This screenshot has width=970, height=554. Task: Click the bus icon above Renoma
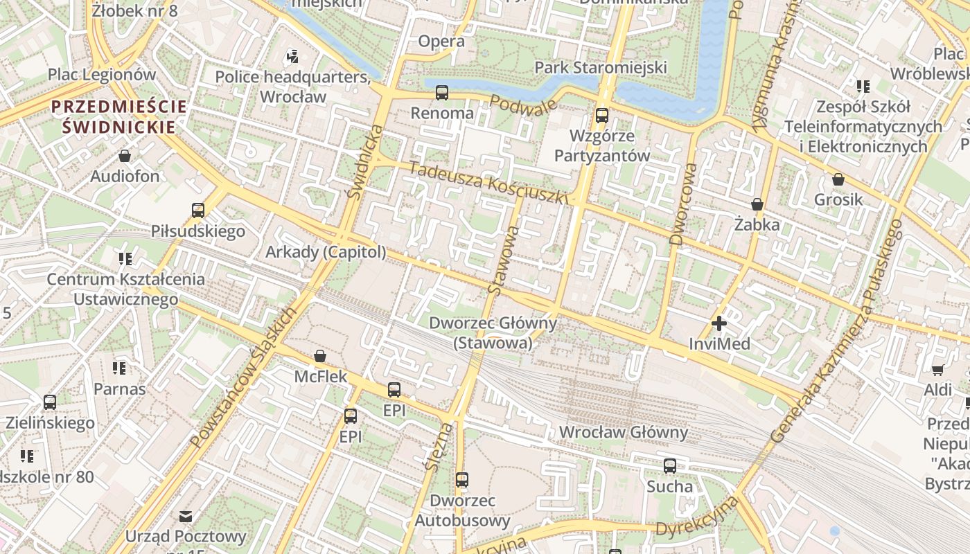(441, 92)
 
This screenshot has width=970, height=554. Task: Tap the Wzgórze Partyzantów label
(602, 145)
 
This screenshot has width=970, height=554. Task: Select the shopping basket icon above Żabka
(757, 204)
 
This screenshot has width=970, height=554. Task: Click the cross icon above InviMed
(719, 323)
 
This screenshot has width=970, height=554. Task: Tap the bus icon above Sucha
(670, 466)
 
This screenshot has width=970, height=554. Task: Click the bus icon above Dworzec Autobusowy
(462, 479)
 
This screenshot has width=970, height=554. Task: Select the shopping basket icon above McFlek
(320, 357)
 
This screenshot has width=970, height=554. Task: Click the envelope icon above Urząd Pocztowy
(186, 516)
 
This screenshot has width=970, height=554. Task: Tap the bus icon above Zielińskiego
(50, 402)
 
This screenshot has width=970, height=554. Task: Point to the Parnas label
(120, 389)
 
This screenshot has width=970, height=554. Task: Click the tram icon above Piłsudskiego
(198, 210)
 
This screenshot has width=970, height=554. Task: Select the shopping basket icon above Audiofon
(125, 156)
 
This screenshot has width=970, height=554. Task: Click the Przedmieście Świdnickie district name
(119, 116)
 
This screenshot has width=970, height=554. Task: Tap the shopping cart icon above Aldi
(937, 370)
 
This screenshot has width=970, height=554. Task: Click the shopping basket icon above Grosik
(838, 179)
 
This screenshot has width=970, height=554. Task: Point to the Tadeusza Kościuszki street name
(488, 182)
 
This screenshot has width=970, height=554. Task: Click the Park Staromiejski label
(601, 67)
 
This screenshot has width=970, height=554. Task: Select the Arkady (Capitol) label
(326, 252)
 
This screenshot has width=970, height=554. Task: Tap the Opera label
(441, 42)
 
